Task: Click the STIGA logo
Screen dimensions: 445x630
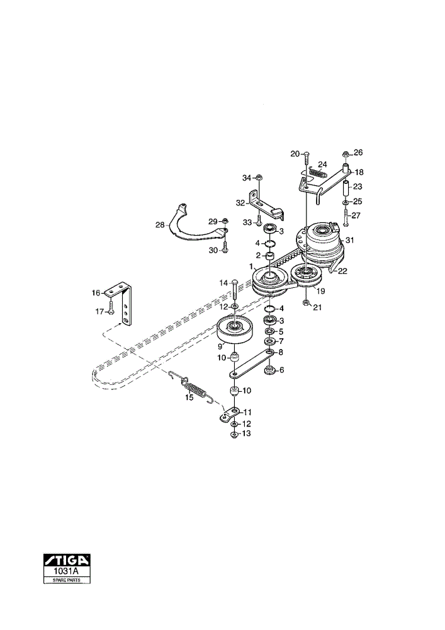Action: (x=67, y=559)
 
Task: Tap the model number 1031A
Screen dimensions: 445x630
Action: (x=67, y=571)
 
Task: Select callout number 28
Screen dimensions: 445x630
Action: (x=160, y=225)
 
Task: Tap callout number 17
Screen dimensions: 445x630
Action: (x=99, y=311)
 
